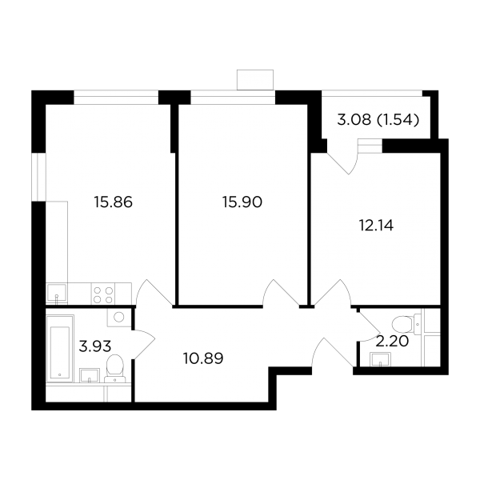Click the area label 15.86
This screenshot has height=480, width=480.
[x=114, y=202]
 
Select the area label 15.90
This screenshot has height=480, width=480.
[x=242, y=202]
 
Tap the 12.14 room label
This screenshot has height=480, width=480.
[x=376, y=226]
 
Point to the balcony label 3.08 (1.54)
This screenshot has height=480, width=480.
[x=378, y=120]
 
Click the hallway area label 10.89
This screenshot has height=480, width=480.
[x=203, y=358]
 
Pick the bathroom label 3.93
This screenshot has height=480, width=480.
[x=95, y=346]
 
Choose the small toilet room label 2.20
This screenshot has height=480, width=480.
[x=392, y=342]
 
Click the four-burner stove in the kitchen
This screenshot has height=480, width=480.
[x=103, y=294]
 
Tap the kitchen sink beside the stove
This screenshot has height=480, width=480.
[x=57, y=294]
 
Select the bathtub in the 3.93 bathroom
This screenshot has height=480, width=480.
[x=60, y=349]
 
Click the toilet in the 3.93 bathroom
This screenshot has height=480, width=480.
[x=114, y=369]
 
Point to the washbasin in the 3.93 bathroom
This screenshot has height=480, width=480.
[x=90, y=375]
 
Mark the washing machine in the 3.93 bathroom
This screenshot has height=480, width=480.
[x=119, y=317]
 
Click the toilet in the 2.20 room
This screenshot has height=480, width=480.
[x=406, y=325]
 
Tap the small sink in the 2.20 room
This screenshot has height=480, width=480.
[x=380, y=359]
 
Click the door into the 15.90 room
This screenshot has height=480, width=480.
[x=281, y=293]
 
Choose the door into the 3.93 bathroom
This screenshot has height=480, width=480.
[x=144, y=344]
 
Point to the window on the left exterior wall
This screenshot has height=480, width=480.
[x=39, y=177]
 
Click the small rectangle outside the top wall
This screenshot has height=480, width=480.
[x=255, y=80]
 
